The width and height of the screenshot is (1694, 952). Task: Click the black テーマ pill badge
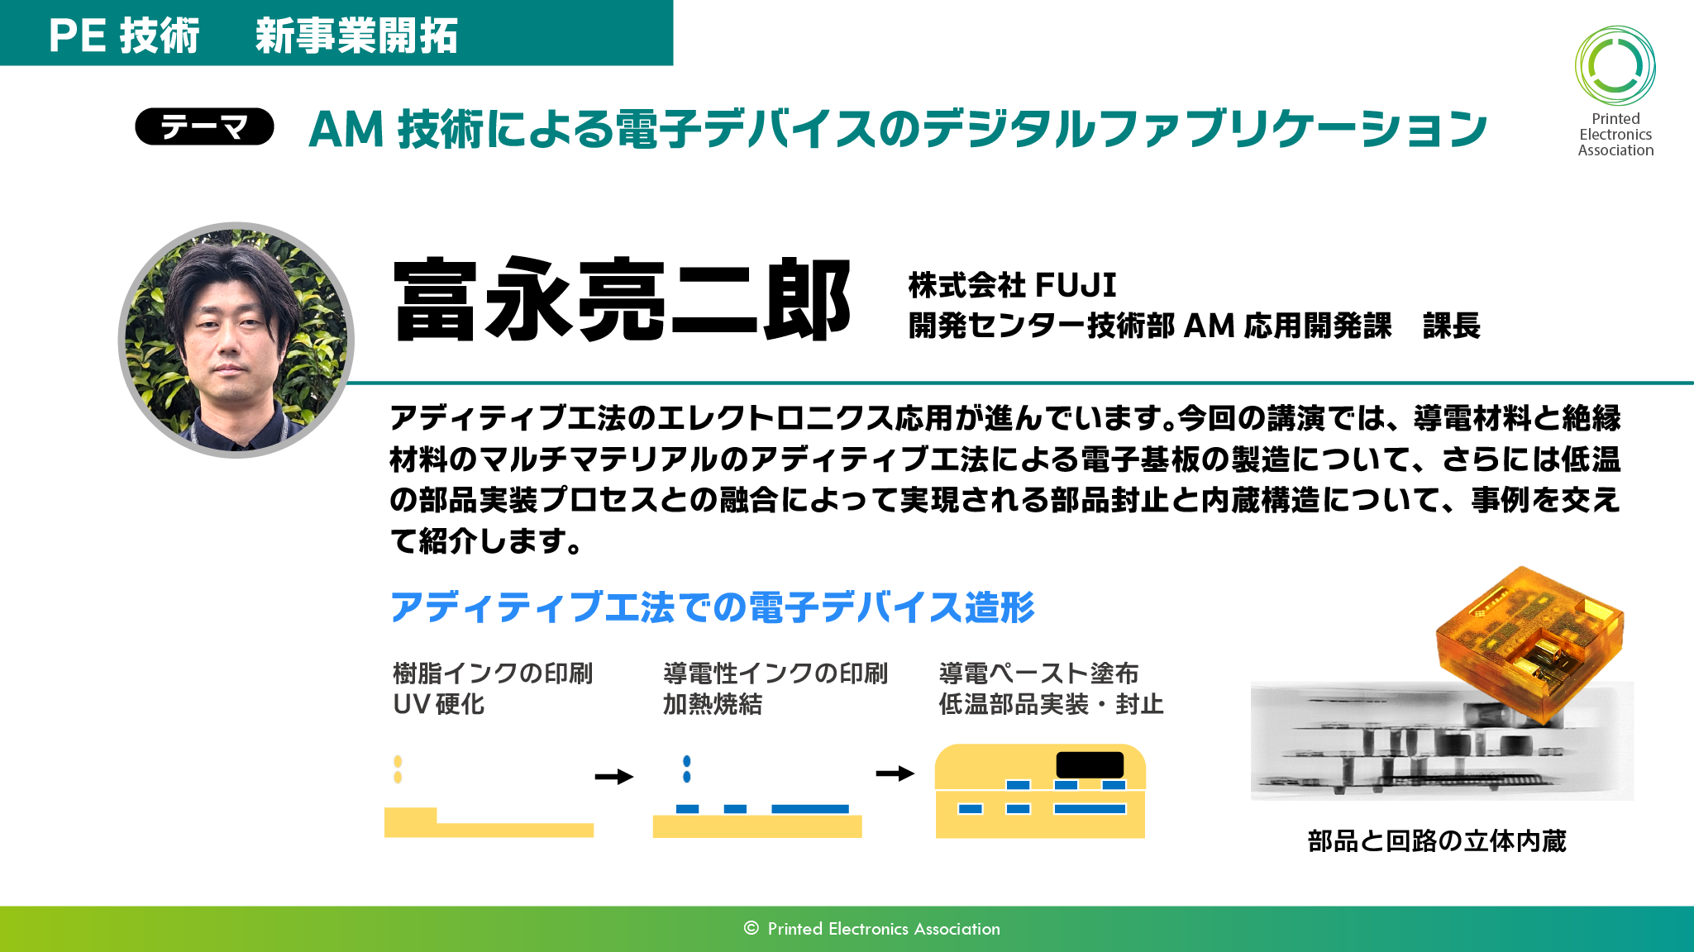tap(204, 126)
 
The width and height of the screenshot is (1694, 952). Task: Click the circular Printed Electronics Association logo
tap(1615, 66)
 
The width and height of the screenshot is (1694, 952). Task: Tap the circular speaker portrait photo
tap(236, 340)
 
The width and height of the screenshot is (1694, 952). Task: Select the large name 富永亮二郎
tap(623, 299)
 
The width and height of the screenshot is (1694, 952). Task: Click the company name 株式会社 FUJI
tap(1012, 285)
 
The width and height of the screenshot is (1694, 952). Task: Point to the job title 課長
tap(1451, 326)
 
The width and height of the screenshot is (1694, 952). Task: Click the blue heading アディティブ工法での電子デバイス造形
tap(712, 607)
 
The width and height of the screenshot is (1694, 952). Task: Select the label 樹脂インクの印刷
tap(493, 674)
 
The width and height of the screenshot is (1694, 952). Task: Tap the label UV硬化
tap(438, 704)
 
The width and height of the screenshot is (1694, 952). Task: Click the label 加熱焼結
tap(713, 704)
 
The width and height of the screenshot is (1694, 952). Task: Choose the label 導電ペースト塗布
tap(1038, 674)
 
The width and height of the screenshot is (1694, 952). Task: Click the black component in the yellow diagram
tap(1090, 764)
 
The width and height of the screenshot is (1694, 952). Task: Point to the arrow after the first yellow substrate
tap(614, 777)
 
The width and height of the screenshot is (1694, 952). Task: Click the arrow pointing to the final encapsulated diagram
tap(895, 773)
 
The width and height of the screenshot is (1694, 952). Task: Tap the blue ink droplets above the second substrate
tap(686, 769)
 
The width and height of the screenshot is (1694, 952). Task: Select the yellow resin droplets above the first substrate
tap(398, 769)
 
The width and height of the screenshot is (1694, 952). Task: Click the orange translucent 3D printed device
tap(1529, 645)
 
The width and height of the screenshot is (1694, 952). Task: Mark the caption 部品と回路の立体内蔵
tap(1437, 841)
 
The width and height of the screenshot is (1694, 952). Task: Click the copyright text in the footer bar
tap(871, 929)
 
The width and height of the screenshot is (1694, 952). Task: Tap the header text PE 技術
tap(124, 36)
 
